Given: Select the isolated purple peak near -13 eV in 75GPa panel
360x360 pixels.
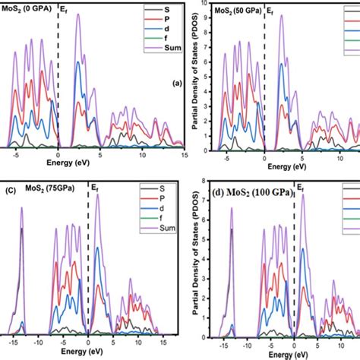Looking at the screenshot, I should point(21,209).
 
